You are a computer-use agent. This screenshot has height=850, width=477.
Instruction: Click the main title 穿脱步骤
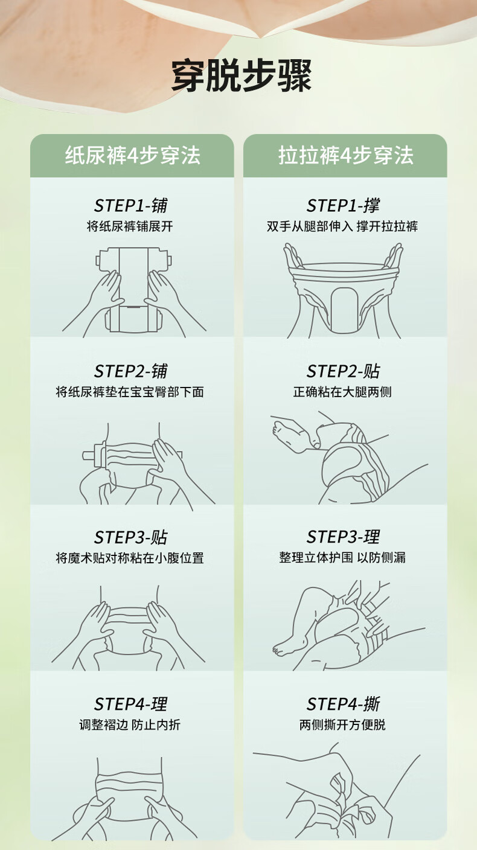[x=242, y=75]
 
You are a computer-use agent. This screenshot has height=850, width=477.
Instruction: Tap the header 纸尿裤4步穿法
[x=132, y=155]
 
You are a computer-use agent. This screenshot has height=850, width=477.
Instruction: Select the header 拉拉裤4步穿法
[x=345, y=155]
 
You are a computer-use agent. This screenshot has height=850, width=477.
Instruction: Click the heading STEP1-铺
[x=130, y=205]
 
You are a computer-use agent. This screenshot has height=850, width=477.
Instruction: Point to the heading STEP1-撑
[x=343, y=205]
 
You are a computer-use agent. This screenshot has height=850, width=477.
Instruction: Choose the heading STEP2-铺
[x=130, y=371]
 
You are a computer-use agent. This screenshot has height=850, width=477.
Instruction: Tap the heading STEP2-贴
[x=343, y=371]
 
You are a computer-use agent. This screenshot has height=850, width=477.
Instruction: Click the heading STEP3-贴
[x=130, y=537]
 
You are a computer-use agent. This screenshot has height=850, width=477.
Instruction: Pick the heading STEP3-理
[x=343, y=537]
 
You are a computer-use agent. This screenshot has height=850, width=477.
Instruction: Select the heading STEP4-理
[x=130, y=704]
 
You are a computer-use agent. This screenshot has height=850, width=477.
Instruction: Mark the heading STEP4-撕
[x=343, y=704]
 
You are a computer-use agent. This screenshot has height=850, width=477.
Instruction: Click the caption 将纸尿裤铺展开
[x=130, y=226]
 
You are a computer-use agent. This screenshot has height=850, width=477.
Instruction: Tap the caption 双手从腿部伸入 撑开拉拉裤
[x=342, y=226]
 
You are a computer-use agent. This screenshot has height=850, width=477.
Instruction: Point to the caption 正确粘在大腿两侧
[x=342, y=392]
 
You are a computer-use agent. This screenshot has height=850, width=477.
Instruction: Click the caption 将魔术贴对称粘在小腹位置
[x=130, y=558]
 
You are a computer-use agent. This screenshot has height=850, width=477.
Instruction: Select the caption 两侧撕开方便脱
[x=342, y=724]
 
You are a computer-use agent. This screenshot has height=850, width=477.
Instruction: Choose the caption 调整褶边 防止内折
[x=130, y=724]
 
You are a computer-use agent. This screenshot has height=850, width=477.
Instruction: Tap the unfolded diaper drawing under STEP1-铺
[x=133, y=290]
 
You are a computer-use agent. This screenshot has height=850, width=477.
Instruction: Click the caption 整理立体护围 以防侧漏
[x=342, y=557]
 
